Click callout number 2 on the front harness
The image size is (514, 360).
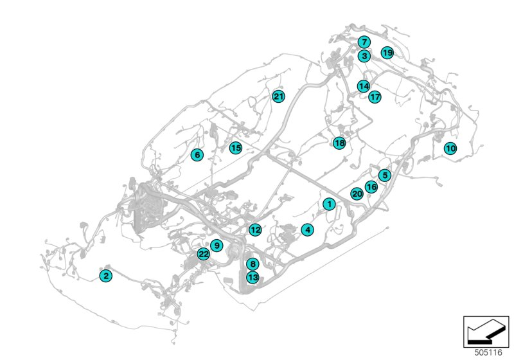[x=106, y=276]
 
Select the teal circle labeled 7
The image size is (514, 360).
[x=364, y=42]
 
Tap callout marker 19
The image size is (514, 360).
[x=387, y=53]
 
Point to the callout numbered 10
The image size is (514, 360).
[x=450, y=148]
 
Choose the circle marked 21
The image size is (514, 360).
[x=278, y=96]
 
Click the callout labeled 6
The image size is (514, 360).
[x=197, y=155]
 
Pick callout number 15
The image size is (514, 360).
[x=235, y=148]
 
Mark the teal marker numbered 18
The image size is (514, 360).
[x=339, y=143]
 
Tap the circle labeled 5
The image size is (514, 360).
[x=384, y=175]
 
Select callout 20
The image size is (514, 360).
[x=357, y=194]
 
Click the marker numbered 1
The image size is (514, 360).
[x=329, y=204]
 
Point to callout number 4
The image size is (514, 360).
[x=307, y=230]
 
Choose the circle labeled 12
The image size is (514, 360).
[x=255, y=230]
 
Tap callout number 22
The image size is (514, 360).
[x=204, y=254]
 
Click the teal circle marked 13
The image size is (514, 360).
[x=253, y=277]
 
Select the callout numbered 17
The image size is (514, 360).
[x=375, y=96]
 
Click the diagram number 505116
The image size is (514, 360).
[x=488, y=352]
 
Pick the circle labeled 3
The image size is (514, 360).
[x=364, y=56]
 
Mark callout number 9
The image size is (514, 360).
[x=217, y=245]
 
